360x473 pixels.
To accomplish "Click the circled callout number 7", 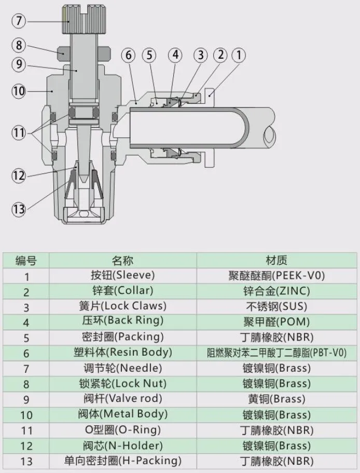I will pos(19,21).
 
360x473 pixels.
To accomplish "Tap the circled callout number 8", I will pos(19,45).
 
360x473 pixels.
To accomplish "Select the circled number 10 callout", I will pos(19,91).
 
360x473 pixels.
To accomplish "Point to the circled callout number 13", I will pos(19,209).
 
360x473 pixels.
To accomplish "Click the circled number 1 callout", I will pos(238,55).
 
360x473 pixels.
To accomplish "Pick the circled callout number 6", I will pos(129,55).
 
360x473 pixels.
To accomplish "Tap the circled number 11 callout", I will pos(19,133).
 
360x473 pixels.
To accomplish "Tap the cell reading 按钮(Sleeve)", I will pos(122,275).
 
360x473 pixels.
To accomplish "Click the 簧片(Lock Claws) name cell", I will pos(122,306).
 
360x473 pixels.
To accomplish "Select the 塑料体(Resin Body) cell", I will pos(122,353).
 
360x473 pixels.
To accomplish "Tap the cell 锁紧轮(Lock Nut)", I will pos(122,384).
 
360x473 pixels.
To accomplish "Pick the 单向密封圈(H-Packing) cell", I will pos(122,461).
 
